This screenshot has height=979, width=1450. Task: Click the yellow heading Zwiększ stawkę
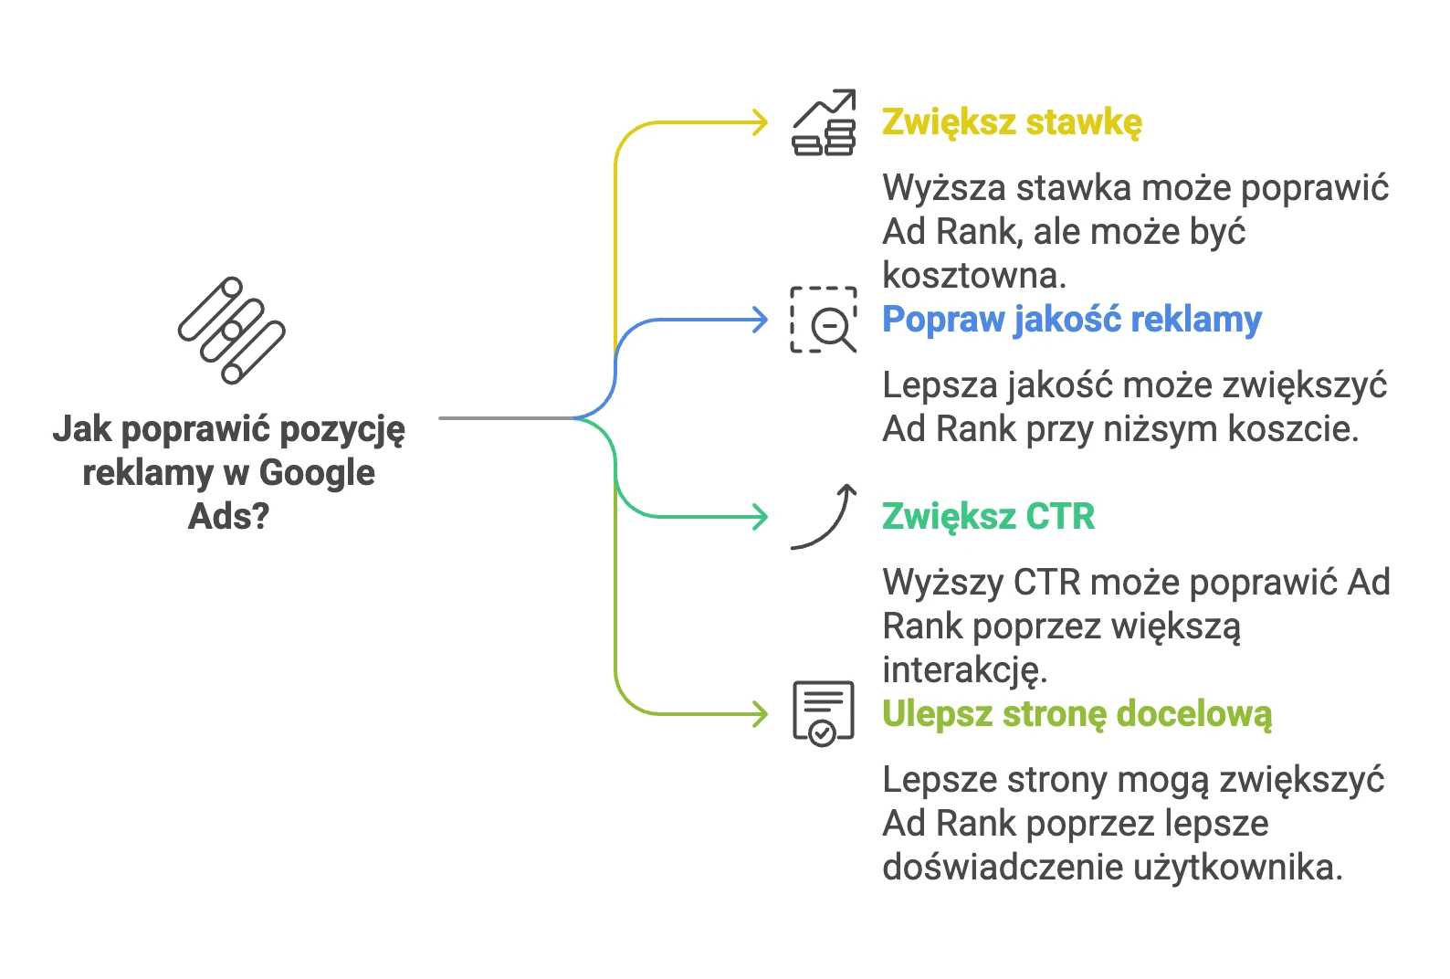tap(1012, 123)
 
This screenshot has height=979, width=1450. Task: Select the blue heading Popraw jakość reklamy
tap(1072, 320)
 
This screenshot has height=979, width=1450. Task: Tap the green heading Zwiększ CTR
tap(989, 517)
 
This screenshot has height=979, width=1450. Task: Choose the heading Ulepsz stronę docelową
tap(1077, 714)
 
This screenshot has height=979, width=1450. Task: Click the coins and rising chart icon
tap(824, 122)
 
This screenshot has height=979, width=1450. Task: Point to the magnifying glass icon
tap(834, 328)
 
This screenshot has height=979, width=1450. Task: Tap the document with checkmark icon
tap(824, 713)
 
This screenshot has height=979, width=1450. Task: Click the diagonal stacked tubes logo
tap(232, 331)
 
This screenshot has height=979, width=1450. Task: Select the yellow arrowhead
tap(760, 122)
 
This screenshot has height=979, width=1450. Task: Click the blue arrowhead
tap(760, 320)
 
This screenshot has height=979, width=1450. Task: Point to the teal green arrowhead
tap(760, 517)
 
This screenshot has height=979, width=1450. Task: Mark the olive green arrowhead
tap(760, 714)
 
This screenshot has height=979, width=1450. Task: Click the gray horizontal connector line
tap(506, 418)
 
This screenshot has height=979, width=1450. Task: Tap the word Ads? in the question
tap(228, 517)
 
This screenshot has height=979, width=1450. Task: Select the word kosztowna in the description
tap(974, 276)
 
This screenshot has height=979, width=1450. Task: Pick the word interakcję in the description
tap(964, 671)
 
